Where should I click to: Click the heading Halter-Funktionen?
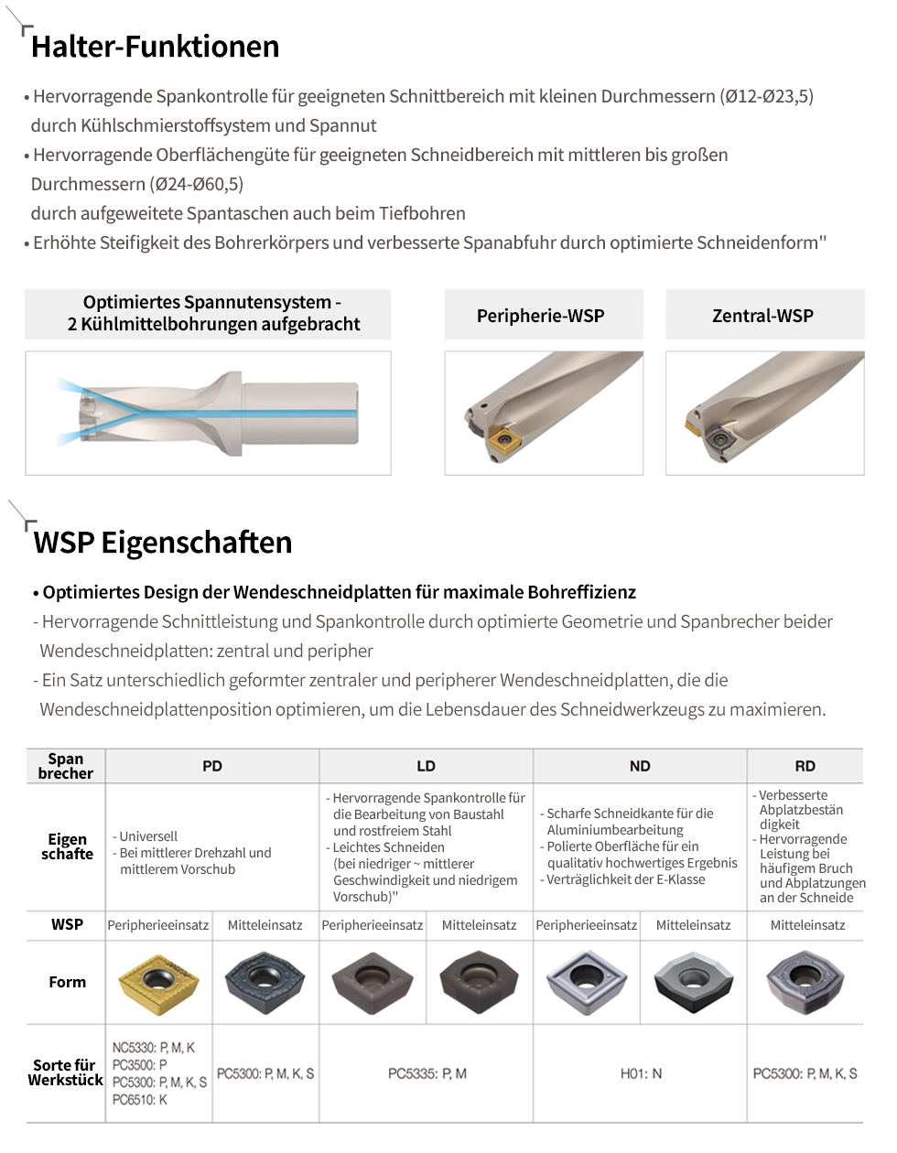pos(155,47)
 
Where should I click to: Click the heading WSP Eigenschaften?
pos(163,543)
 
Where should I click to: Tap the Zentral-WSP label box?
pos(764,316)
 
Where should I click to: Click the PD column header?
pos(212,766)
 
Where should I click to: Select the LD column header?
pos(427,766)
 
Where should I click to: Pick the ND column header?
pos(640,766)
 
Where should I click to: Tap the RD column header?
pos(805,766)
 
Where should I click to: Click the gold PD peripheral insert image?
pos(159,983)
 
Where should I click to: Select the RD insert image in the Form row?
pos(805,983)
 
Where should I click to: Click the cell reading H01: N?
pos(641,1073)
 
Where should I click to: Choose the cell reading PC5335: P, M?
pos(427,1073)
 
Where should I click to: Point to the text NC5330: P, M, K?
pos(154,1048)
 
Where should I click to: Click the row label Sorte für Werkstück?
pos(66,1072)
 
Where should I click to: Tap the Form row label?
pos(67,982)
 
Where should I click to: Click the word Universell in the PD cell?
pos(148,836)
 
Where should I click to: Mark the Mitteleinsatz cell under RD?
pos(807,925)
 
